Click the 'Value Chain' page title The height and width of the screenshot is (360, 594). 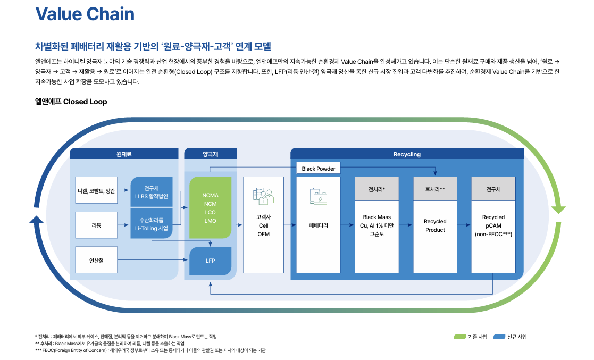click(85, 14)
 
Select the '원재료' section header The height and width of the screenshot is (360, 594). click(124, 154)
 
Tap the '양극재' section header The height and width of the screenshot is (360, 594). click(211, 154)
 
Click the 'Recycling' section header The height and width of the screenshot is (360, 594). click(407, 154)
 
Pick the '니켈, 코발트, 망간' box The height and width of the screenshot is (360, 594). click(96, 190)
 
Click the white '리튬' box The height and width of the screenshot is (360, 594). click(96, 225)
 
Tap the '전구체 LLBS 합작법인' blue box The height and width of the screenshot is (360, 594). click(152, 191)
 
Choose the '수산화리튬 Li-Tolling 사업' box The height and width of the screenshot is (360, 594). click(152, 224)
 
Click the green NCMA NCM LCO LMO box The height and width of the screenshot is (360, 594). click(210, 208)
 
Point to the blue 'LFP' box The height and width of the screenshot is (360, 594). click(210, 261)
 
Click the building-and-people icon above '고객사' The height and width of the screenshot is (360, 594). click(263, 196)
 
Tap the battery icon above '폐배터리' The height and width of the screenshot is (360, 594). click(319, 197)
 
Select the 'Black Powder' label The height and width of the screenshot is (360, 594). click(319, 169)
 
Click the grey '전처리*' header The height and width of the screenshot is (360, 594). click(377, 189)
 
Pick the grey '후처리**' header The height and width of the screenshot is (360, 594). click(435, 189)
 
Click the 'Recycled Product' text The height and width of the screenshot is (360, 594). click(435, 225)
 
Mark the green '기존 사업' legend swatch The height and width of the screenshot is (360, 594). click(460, 337)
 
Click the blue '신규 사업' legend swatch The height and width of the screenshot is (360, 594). click(499, 337)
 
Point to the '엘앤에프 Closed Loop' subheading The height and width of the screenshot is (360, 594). click(71, 102)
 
